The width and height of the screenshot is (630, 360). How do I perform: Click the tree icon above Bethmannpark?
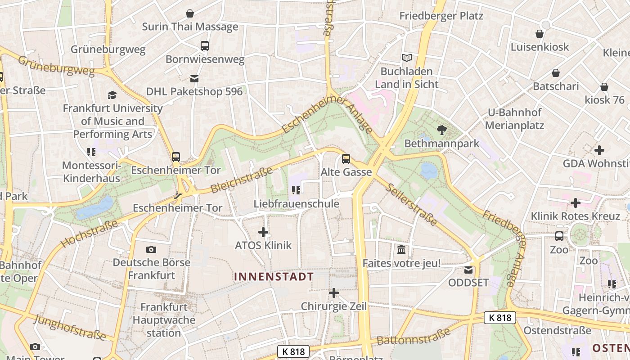[x=442, y=130]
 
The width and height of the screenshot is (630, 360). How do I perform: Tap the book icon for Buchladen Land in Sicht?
[x=406, y=58]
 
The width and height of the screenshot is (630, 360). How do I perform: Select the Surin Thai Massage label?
[x=190, y=27]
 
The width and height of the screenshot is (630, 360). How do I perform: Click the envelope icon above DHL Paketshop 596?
[x=194, y=78]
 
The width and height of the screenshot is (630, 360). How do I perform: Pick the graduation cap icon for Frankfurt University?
[x=112, y=95]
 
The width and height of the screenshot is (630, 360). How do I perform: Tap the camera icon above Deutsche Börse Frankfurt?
[x=151, y=249]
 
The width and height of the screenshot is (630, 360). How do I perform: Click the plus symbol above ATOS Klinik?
[x=263, y=232]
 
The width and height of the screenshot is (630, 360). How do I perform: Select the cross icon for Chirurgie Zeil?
[x=333, y=293]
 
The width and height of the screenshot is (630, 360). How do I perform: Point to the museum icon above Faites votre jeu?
[x=401, y=249]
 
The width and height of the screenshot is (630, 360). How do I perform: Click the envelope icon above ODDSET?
[x=468, y=270]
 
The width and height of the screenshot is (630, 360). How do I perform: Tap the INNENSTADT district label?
[x=274, y=276]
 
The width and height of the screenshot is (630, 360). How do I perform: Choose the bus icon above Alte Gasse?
[x=346, y=158]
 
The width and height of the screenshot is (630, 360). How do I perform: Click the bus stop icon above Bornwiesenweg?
[x=205, y=45]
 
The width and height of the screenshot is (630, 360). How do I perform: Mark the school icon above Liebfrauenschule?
[x=296, y=190]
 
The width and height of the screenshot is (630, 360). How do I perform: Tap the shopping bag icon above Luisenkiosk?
[x=540, y=34]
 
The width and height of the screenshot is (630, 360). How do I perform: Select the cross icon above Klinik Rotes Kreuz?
[x=575, y=203]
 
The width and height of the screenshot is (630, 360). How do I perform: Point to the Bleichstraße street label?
[x=242, y=180]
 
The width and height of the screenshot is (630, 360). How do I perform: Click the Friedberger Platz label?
[x=441, y=16]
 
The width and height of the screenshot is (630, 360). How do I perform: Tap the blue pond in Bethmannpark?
[x=428, y=170]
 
